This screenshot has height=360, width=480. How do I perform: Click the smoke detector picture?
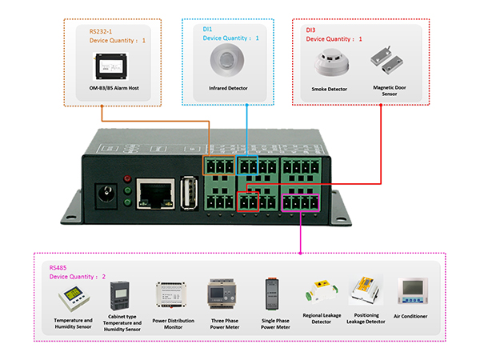pos(328,62)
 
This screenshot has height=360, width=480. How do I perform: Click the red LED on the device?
pos(126,178)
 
